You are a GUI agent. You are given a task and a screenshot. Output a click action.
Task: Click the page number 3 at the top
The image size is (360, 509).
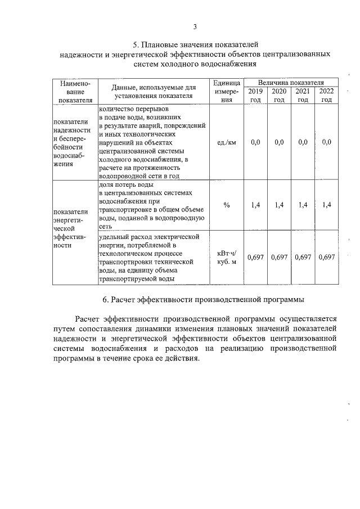point(195,26)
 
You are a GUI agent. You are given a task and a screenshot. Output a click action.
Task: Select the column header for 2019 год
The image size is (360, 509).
point(255,95)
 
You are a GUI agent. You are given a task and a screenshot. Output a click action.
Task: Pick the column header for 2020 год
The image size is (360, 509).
point(279,95)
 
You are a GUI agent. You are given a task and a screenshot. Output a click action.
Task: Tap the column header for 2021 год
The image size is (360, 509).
point(303,95)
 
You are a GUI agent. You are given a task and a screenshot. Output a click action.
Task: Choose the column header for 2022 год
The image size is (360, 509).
point(326,95)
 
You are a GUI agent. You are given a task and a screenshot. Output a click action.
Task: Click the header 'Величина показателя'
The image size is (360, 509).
point(290,82)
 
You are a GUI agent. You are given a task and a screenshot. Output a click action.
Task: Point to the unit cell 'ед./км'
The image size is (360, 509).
point(226,142)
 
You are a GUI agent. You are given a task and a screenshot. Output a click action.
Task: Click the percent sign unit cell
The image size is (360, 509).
point(226,205)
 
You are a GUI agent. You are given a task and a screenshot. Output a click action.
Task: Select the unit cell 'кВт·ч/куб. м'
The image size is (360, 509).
point(226,257)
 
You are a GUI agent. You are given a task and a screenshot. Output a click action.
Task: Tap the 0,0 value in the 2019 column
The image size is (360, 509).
point(255,142)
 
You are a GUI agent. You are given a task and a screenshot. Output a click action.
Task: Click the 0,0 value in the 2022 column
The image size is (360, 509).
point(327,142)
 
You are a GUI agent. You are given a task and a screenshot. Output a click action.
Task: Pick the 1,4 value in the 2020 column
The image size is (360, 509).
point(279,205)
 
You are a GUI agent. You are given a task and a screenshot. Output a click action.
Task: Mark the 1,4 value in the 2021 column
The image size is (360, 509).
point(303,205)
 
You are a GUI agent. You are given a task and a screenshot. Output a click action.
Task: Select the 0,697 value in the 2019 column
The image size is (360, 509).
point(255,257)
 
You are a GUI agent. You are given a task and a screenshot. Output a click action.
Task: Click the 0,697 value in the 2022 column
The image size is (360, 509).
point(327,257)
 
